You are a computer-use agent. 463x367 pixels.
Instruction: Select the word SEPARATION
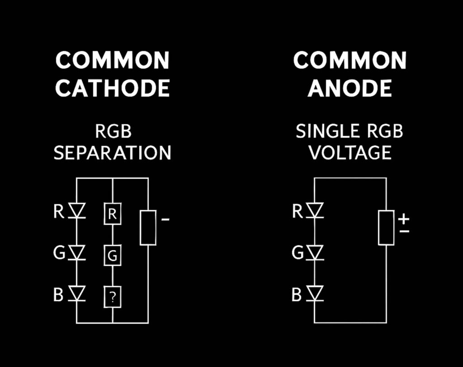pos(112,153)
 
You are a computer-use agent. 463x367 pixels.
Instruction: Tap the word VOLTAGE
pos(350,153)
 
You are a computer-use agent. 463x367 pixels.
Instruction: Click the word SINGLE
pos(321,131)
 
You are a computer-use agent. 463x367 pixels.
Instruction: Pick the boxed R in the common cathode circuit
pos(113,214)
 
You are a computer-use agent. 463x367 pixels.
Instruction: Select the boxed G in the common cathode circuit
pos(113,256)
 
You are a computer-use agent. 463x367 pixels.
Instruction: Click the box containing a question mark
pos(113,297)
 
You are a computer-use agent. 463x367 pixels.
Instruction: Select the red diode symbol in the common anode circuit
pos(315,211)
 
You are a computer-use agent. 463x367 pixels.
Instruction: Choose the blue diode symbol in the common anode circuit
pos(315,294)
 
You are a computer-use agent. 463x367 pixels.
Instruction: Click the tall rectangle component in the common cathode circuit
pos(148,228)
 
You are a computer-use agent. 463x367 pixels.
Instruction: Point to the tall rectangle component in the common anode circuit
pos(386,228)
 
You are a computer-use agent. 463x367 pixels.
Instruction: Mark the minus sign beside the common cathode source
pos(165,220)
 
